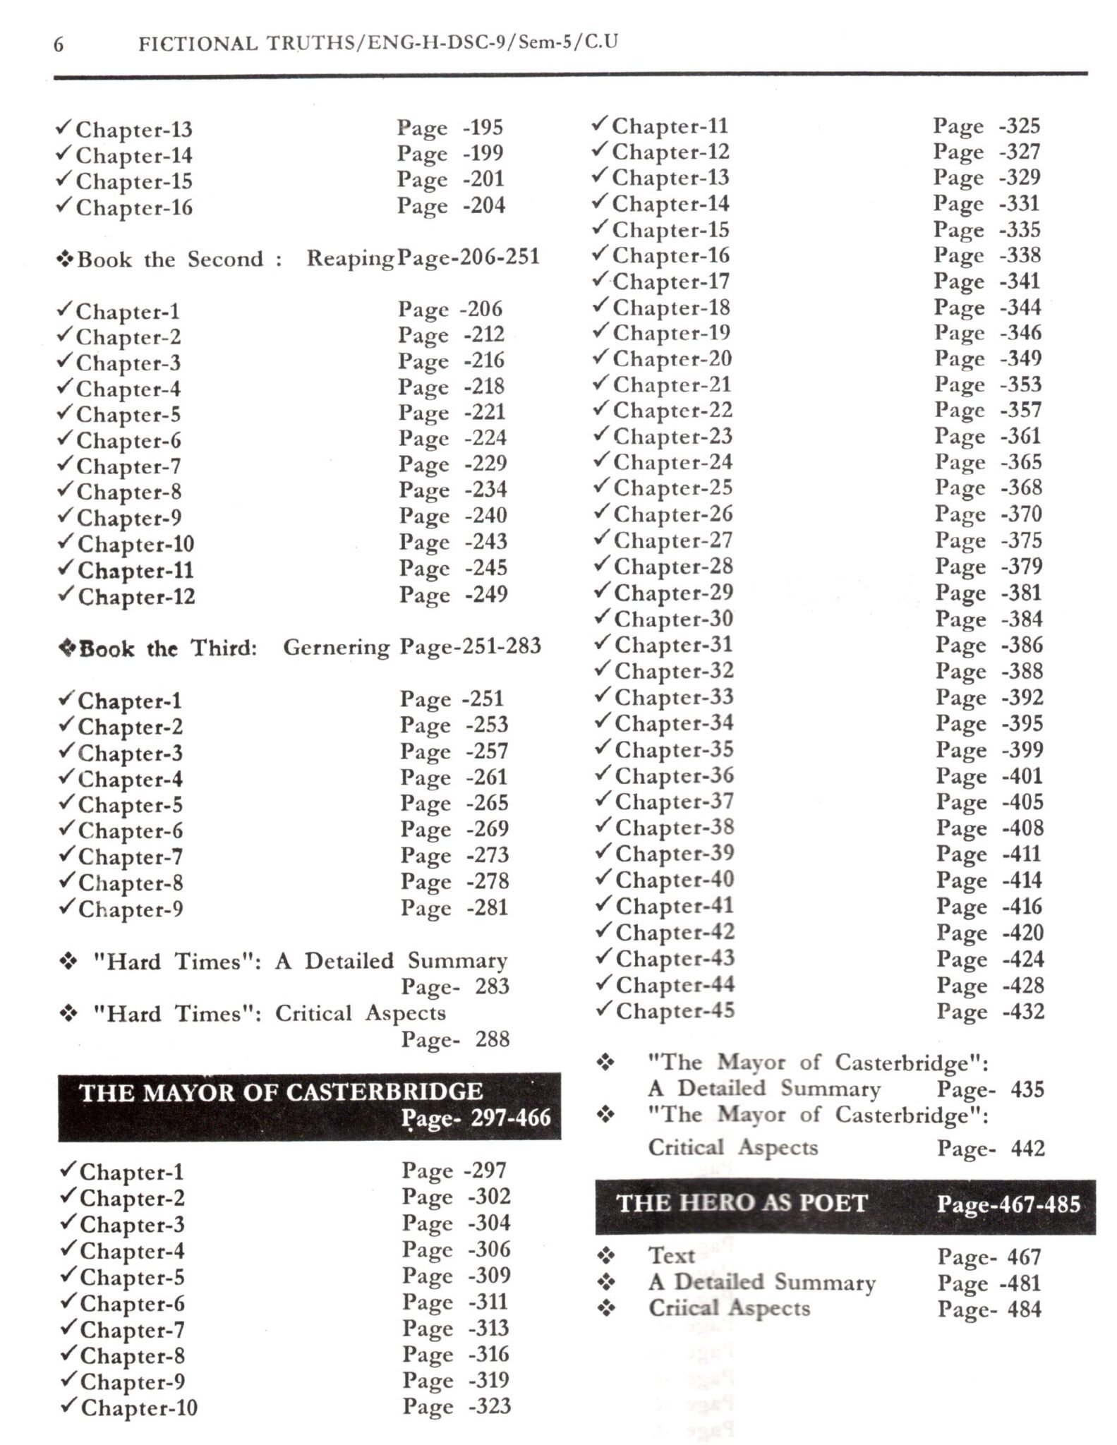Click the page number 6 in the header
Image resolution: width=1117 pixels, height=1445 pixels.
pyautogui.click(x=59, y=45)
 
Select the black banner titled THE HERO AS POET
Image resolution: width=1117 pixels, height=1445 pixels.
pyautogui.click(x=845, y=1204)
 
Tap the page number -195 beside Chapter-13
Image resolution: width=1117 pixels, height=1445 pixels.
pyautogui.click(x=483, y=128)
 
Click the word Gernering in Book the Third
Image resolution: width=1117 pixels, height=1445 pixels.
pyautogui.click(x=337, y=647)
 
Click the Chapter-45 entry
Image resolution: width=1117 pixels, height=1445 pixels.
pyautogui.click(x=675, y=1010)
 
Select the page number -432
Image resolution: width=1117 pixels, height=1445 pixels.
pyautogui.click(x=1022, y=1011)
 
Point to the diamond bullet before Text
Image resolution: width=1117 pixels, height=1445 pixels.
pyautogui.click(x=606, y=1256)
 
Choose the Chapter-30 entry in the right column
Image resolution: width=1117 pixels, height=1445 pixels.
pyautogui.click(x=673, y=619)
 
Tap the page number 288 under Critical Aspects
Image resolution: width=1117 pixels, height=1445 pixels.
pyautogui.click(x=492, y=1039)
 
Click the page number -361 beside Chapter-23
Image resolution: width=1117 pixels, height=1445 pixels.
pyautogui.click(x=1021, y=436)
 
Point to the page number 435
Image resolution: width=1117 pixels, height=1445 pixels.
pyautogui.click(x=1027, y=1089)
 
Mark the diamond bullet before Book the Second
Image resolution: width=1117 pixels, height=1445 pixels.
pyautogui.click(x=66, y=259)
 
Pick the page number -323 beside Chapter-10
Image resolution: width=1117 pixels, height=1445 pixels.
pyautogui.click(x=489, y=1406)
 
